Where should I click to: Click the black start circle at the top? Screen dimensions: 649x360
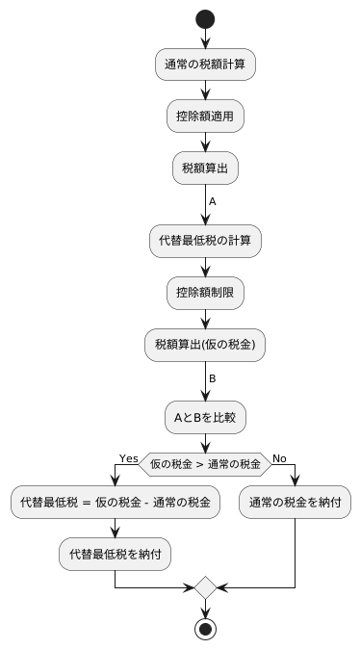[205, 19]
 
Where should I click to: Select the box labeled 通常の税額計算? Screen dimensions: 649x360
[205, 64]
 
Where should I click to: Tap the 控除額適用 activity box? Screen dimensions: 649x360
[205, 116]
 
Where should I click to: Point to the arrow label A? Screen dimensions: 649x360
[213, 202]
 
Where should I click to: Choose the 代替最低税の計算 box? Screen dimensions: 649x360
[205, 240]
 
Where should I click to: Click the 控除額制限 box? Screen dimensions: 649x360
[205, 292]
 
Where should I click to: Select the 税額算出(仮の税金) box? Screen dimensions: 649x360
[205, 344]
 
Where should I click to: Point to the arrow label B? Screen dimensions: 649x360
[213, 378]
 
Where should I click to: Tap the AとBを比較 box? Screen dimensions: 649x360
[205, 417]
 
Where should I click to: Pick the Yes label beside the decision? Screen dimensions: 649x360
[128, 457]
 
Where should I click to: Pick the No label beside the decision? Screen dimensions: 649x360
[280, 457]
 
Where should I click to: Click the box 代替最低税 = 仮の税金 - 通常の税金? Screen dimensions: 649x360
[115, 503]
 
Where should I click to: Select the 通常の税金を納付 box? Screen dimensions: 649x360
[295, 503]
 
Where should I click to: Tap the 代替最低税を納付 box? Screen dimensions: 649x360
[115, 554]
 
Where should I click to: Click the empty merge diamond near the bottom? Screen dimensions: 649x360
[205, 586]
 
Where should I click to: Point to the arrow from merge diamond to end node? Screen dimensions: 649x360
[205, 608]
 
